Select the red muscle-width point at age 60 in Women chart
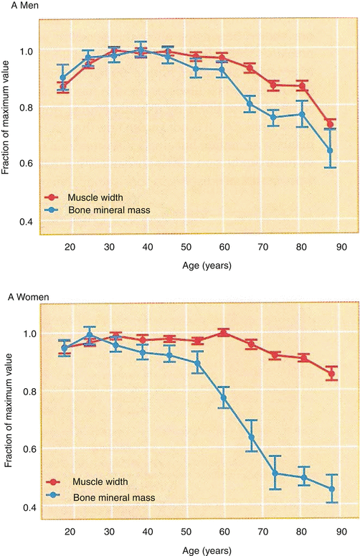pos(223,333)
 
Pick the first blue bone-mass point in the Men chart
pos(63,77)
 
